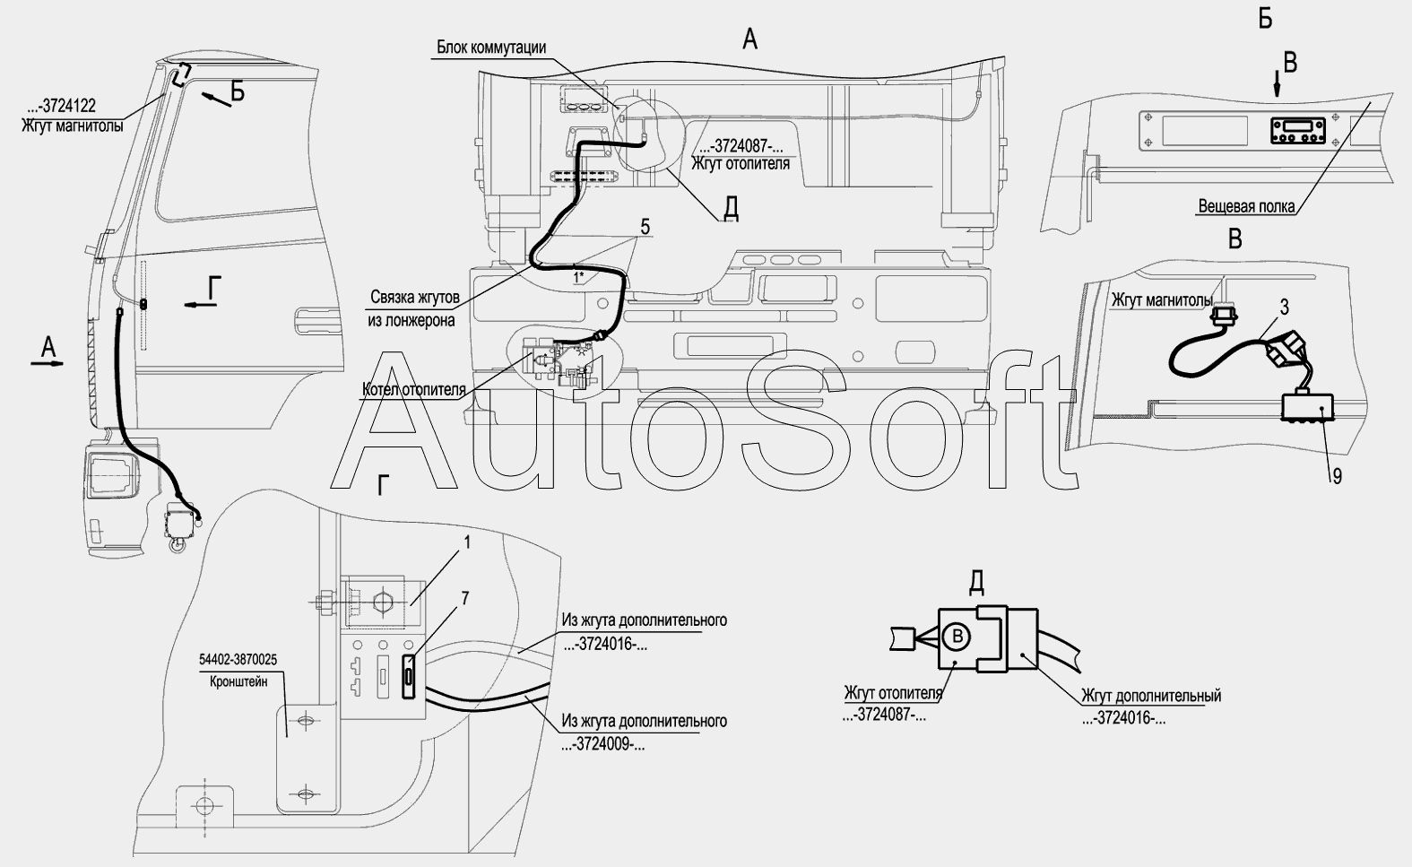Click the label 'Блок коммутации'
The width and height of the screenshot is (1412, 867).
pyautogui.click(x=491, y=48)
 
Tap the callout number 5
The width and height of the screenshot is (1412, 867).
pyautogui.click(x=645, y=226)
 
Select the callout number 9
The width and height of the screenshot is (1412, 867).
pyautogui.click(x=1337, y=476)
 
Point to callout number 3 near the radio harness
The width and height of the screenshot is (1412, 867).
pyautogui.click(x=1284, y=307)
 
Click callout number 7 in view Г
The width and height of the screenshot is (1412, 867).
pyautogui.click(x=465, y=598)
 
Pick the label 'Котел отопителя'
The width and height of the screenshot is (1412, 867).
pyautogui.click(x=414, y=390)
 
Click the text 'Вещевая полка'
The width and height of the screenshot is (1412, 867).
pyautogui.click(x=1247, y=206)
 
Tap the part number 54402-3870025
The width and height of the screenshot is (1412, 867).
pyautogui.click(x=238, y=660)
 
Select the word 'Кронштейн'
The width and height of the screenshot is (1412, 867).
pyautogui.click(x=238, y=681)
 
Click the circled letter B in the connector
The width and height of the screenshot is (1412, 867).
pyautogui.click(x=957, y=637)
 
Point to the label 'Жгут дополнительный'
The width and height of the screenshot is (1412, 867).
pyautogui.click(x=1151, y=696)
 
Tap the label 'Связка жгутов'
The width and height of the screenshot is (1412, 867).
pyautogui.click(x=415, y=297)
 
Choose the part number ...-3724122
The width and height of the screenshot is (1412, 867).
pyautogui.click(x=61, y=106)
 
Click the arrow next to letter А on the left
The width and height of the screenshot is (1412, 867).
pyautogui.click(x=48, y=363)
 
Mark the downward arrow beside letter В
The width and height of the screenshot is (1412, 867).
pyautogui.click(x=1278, y=84)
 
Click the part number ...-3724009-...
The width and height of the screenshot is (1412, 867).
pyautogui.click(x=603, y=745)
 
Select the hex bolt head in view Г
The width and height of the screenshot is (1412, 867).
pyautogui.click(x=326, y=603)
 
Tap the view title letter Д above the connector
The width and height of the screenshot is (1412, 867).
pyautogui.click(x=975, y=584)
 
